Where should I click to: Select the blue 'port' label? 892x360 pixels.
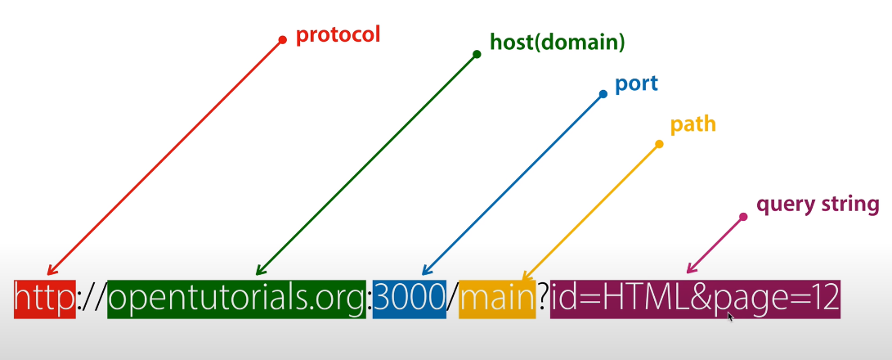pos(636,83)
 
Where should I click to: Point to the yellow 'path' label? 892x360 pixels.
pos(693,124)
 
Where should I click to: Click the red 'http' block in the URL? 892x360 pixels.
pos(44,299)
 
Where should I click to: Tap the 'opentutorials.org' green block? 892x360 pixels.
pos(236,299)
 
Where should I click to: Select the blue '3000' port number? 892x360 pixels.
pos(409,299)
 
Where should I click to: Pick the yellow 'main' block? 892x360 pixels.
pos(496,299)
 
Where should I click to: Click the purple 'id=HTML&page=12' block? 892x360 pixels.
pos(695,299)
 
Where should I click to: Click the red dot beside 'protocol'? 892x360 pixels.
pos(283,39)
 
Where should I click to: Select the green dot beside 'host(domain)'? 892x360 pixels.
pos(477,55)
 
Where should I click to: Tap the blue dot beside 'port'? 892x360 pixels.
pos(603,94)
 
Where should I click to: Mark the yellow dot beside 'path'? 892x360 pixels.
pos(659,144)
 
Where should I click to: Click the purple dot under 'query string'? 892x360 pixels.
pos(743,217)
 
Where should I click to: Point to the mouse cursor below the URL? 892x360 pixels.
pos(730,317)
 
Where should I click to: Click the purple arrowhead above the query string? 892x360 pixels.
pos(689,269)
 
